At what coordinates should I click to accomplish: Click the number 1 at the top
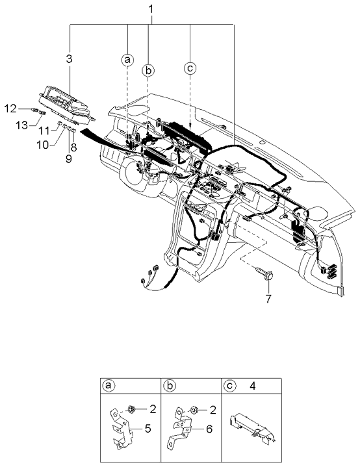coord(151,10)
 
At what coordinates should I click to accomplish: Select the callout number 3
coord(70,60)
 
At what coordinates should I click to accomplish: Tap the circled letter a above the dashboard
coord(127,60)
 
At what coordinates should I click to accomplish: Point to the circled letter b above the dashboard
coord(149,70)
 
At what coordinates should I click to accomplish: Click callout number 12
coord(11,107)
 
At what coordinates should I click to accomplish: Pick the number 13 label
coord(21,125)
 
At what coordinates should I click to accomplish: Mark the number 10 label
coord(42,145)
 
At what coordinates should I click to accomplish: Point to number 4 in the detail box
coord(251,385)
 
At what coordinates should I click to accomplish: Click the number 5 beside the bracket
coord(149,429)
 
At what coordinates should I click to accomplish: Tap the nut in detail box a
coord(131,410)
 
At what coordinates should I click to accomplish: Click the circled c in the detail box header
coord(229,385)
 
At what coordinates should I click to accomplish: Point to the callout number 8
coord(73,147)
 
